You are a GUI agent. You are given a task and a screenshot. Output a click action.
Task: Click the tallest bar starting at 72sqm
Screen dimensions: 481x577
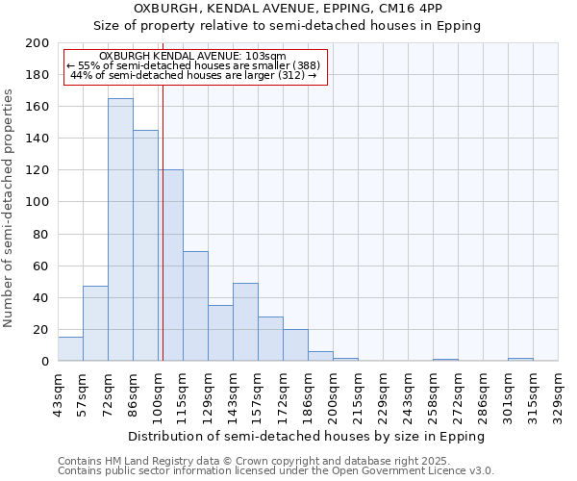[120, 230]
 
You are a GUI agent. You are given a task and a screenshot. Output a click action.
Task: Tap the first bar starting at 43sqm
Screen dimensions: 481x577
[70, 349]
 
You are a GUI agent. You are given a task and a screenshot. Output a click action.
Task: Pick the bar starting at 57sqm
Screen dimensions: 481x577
[95, 323]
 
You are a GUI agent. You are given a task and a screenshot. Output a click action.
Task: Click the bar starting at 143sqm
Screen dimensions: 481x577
[245, 322]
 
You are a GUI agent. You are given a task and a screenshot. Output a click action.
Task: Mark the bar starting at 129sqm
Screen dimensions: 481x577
[220, 333]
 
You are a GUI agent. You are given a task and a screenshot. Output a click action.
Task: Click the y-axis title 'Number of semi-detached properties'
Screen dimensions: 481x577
[10, 208]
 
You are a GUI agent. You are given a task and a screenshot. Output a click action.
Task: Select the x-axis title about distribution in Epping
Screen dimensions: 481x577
[306, 436]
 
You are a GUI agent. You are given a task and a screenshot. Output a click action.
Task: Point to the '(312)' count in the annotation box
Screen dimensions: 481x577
[289, 75]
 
